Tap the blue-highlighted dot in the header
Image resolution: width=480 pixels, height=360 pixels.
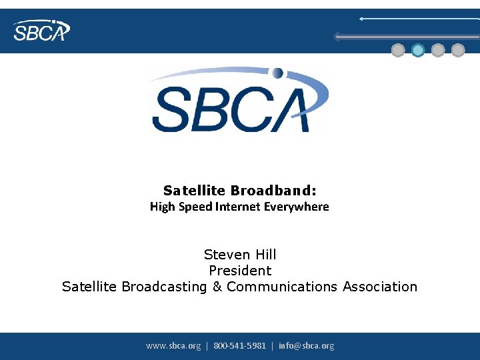(x=418, y=50)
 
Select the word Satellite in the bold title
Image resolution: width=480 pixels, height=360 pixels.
(x=195, y=191)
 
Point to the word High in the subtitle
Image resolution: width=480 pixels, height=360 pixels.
(x=162, y=207)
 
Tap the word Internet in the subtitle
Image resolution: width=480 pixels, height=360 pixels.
(x=238, y=207)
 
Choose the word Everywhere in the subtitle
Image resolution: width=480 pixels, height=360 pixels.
(x=297, y=207)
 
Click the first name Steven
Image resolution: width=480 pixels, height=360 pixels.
(x=227, y=255)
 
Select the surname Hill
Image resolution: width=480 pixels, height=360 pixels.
(x=265, y=255)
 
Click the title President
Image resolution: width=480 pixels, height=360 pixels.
(x=240, y=271)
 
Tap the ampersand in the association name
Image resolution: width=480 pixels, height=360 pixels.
(x=217, y=287)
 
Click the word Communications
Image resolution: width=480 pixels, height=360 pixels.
(x=283, y=287)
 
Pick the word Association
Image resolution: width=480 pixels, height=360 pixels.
(x=380, y=287)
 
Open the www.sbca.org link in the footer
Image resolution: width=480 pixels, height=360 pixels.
(x=173, y=345)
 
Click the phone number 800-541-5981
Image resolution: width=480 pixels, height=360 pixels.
(x=239, y=345)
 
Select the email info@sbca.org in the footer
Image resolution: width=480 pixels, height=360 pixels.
(x=307, y=345)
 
